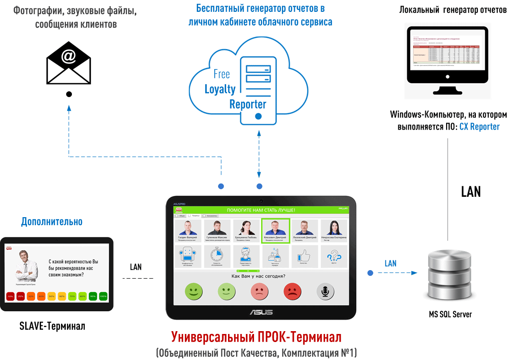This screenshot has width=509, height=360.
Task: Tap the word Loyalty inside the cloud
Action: (x=219, y=88)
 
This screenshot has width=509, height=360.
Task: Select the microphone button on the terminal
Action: (x=325, y=291)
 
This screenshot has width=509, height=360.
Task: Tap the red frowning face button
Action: (x=292, y=291)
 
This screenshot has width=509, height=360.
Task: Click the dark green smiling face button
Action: (x=193, y=291)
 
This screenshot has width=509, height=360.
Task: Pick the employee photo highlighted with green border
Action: (x=275, y=230)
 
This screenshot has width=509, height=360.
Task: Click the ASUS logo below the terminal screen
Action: (x=261, y=312)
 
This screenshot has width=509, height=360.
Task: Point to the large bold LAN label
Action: (x=471, y=191)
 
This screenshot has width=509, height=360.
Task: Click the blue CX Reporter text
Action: (x=479, y=127)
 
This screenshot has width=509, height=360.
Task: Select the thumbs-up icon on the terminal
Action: (x=304, y=256)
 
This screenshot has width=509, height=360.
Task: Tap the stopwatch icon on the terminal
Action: (x=217, y=256)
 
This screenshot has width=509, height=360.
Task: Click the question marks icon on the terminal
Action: (x=333, y=256)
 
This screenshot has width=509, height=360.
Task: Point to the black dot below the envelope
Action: (x=69, y=94)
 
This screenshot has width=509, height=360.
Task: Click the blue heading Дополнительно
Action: (x=52, y=221)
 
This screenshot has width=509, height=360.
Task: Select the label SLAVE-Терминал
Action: (x=53, y=326)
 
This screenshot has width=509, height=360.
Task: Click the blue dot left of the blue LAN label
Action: (x=370, y=272)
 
